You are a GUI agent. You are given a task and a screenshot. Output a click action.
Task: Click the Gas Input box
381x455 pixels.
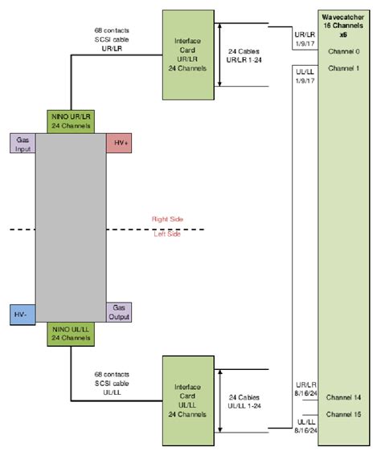23,144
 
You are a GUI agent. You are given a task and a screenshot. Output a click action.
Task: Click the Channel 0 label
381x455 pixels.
344,51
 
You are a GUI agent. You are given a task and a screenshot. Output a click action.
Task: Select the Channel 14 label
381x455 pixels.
344,397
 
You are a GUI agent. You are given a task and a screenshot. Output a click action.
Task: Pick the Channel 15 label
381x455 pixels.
344,414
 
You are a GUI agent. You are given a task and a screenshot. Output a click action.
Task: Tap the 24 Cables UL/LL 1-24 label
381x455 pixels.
243,403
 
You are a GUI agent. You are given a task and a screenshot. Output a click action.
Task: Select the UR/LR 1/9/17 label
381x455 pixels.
303,38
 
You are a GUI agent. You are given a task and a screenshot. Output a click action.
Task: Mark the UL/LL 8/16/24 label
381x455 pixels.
303,425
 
